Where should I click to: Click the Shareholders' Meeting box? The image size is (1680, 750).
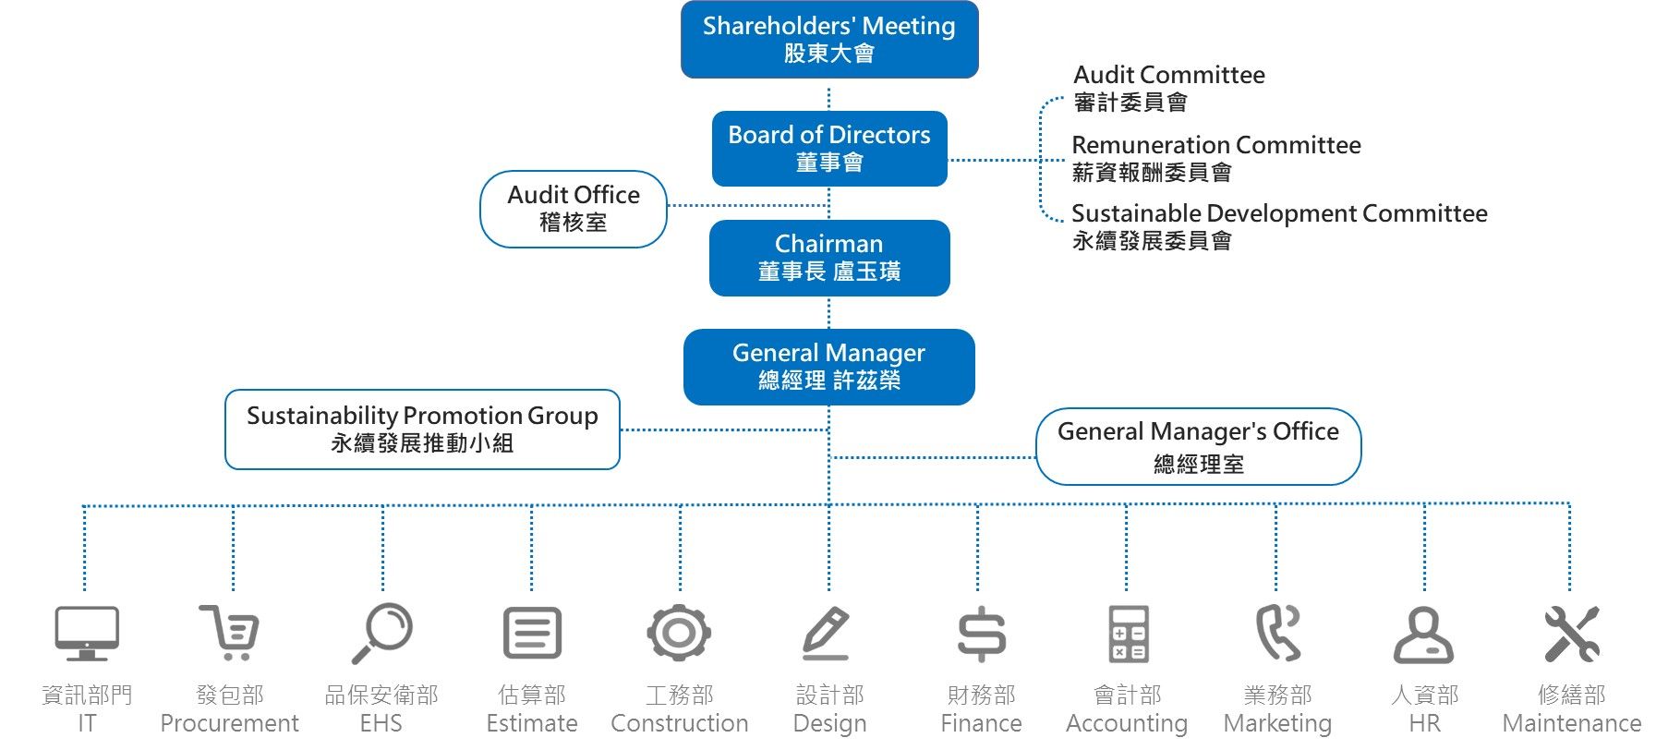[828, 40]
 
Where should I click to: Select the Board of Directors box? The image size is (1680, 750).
[828, 149]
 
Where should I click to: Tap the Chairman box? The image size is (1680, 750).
[828, 258]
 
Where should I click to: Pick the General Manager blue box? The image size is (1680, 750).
[828, 367]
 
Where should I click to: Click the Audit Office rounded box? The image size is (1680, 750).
[573, 209]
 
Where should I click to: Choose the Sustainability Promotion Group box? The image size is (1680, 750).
[422, 429]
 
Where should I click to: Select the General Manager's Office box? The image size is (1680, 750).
[1198, 446]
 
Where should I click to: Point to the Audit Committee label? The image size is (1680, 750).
[1168, 88]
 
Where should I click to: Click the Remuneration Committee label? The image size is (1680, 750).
[1215, 158]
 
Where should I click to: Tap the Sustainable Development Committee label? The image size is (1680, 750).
[1278, 226]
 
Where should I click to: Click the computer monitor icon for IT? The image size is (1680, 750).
[87, 634]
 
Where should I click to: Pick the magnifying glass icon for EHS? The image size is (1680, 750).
[381, 633]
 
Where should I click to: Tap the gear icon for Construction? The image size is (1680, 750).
[679, 633]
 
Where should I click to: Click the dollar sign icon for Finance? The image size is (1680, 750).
[981, 634]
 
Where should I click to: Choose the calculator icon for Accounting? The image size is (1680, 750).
[1128, 634]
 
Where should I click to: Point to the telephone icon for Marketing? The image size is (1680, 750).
[1277, 633]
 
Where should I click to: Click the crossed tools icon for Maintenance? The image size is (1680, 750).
[1571, 634]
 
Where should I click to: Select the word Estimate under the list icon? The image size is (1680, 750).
[532, 723]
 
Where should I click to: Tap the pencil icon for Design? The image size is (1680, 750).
[826, 633]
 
